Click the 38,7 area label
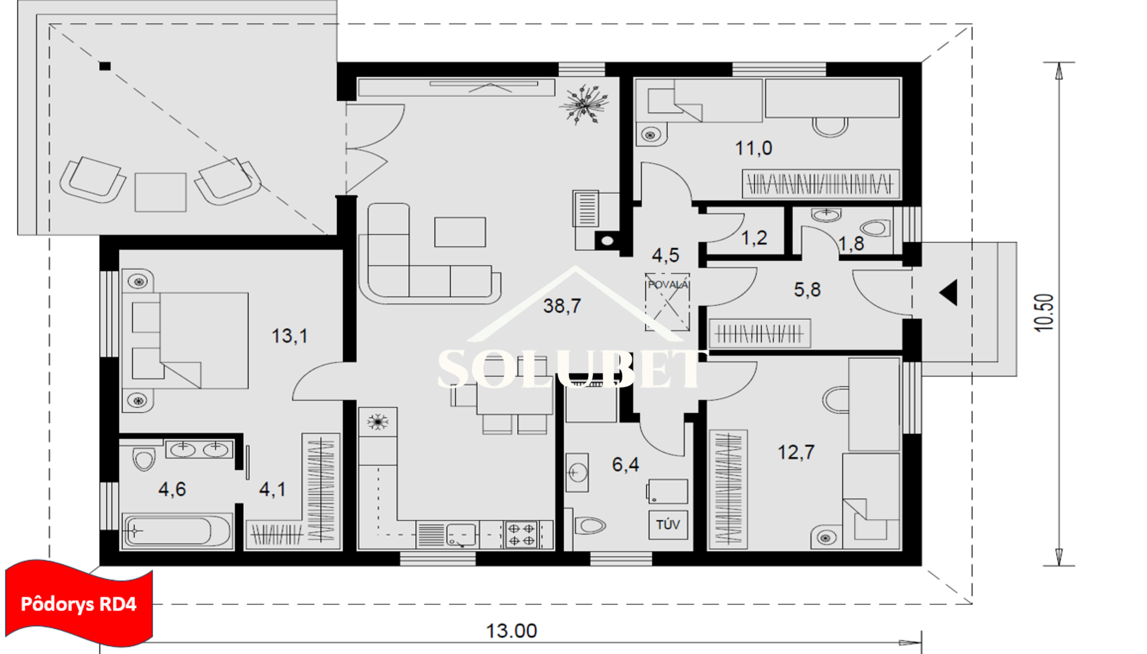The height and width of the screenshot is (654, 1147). (x=562, y=306)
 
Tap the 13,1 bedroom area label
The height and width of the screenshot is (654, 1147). (x=289, y=336)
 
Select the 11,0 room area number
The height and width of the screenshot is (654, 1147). (x=753, y=148)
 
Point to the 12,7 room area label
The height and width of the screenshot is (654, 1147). (x=796, y=452)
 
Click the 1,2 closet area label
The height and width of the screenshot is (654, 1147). (x=754, y=238)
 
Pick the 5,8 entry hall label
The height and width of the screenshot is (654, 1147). (x=807, y=290)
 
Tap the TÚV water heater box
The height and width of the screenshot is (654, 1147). (x=668, y=525)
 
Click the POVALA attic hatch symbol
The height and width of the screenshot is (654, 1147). (x=668, y=302)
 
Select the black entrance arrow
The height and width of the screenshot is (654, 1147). (x=949, y=293)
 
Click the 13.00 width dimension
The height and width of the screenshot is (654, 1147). (x=511, y=631)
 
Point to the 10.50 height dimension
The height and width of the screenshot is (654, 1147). (x=1044, y=312)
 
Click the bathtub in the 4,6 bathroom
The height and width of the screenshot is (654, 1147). (x=176, y=531)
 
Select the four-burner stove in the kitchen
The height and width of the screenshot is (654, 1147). (x=521, y=534)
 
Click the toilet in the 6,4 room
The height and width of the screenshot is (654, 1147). (x=590, y=525)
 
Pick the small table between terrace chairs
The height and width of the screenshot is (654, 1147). (x=160, y=192)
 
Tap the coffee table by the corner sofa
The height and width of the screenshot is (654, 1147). (x=460, y=232)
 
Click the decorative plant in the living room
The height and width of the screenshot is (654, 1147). (x=584, y=104)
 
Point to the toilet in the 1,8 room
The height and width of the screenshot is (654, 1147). (x=876, y=228)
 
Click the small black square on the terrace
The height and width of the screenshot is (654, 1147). (x=105, y=66)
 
